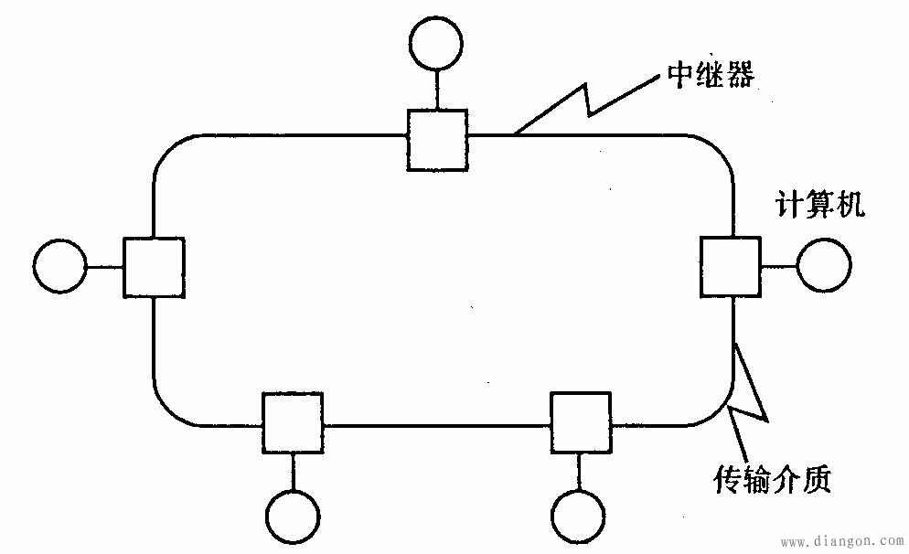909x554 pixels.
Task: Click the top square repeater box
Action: tap(437, 139)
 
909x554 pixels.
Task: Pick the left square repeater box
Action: tap(154, 266)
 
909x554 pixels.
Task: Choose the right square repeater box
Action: tap(730, 266)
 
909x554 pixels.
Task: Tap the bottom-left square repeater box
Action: tap(293, 422)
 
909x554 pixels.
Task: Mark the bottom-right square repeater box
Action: tap(581, 422)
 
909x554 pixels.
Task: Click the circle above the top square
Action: tap(437, 43)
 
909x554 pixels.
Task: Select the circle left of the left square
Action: tap(59, 266)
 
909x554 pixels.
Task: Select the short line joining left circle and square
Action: tap(105, 266)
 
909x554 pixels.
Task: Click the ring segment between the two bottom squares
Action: tap(437, 425)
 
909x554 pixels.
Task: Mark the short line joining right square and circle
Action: tap(778, 266)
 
